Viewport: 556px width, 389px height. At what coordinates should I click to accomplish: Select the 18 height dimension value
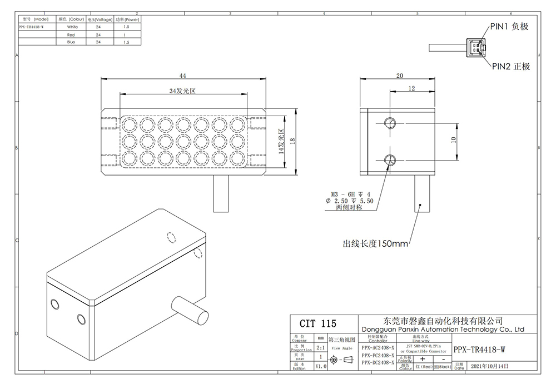(293, 142)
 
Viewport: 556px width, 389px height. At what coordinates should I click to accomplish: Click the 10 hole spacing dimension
(454, 141)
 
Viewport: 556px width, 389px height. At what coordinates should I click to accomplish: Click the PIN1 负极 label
(509, 26)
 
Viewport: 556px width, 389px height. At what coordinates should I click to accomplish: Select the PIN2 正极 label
(510, 67)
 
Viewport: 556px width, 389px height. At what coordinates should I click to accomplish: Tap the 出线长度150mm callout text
(376, 243)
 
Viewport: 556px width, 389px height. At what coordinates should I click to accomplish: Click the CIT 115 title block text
(318, 323)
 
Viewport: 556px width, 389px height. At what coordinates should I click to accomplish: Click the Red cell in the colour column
(71, 34)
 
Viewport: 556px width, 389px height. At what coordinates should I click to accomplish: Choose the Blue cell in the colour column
(71, 42)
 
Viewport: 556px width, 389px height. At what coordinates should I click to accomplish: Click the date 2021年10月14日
(489, 366)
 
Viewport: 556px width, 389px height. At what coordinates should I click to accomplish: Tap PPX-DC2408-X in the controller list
(378, 362)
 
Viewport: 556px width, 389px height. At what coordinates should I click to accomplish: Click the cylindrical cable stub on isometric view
(187, 308)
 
